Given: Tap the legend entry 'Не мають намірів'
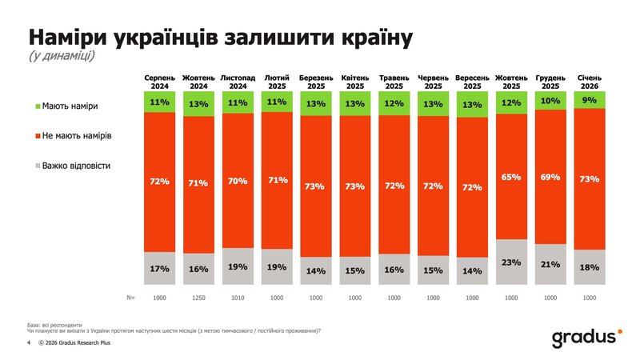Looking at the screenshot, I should point(77,136).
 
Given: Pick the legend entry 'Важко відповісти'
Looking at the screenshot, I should point(75,166).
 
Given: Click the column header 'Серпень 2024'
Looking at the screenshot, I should point(159,81).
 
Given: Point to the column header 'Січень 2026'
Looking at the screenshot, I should point(590,81).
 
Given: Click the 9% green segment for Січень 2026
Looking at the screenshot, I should point(590,100).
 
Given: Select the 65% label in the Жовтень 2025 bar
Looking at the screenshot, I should point(511,176).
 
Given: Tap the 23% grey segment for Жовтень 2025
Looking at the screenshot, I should point(511,262).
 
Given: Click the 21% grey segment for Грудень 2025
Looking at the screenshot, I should point(550,264).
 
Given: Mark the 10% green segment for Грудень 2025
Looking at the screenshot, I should point(550,101).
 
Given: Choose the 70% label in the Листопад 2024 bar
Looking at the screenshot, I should point(237,181).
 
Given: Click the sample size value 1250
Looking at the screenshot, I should point(198,297).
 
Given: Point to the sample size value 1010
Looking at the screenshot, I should point(237,297).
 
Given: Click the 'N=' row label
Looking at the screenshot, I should point(130,297).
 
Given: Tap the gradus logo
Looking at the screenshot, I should point(585,338).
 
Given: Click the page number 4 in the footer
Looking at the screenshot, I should point(29,343).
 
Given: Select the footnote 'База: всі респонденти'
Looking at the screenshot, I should point(54,325).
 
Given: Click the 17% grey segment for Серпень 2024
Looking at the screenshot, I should point(159,269).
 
